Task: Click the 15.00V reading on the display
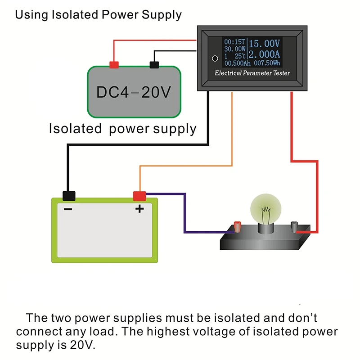click(x=265, y=44)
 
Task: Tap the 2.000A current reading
click(x=265, y=54)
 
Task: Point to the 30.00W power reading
click(x=234, y=49)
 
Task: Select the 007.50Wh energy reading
click(x=267, y=64)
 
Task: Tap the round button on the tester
click(x=215, y=58)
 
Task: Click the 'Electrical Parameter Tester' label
click(x=252, y=73)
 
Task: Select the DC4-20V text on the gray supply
click(x=134, y=93)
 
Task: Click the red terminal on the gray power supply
click(x=114, y=65)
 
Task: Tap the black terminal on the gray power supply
click(x=154, y=65)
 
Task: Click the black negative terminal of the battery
click(x=69, y=196)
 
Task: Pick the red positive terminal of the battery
click(x=139, y=196)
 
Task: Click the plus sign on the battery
click(x=139, y=209)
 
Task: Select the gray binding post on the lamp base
click(x=295, y=226)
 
